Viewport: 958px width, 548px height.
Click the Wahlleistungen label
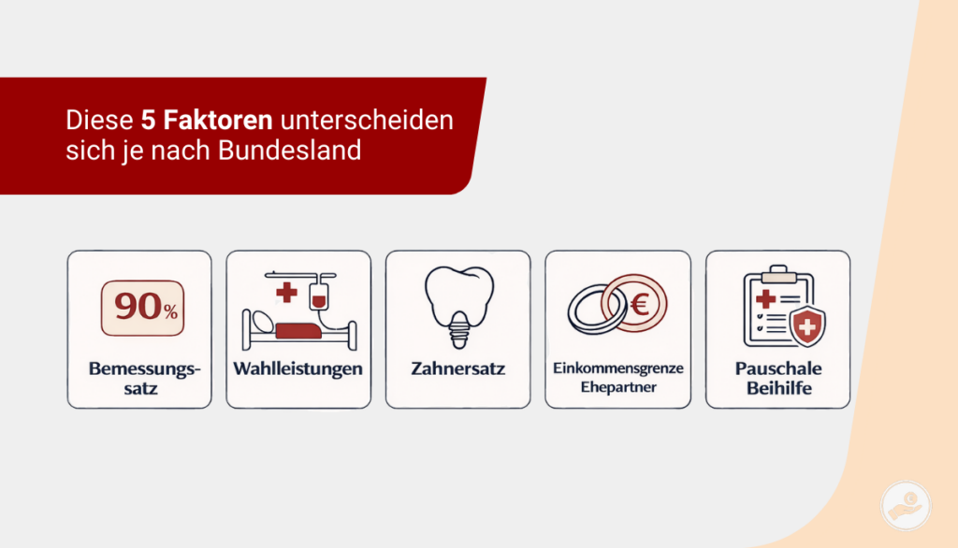(x=298, y=368)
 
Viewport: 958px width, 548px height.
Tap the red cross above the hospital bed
(x=287, y=293)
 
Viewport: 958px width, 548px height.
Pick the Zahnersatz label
(x=458, y=368)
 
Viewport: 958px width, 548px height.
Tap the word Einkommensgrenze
(x=617, y=368)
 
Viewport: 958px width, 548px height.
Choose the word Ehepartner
(x=617, y=387)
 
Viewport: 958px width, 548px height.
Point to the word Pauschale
(x=778, y=368)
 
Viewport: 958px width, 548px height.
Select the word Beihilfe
(x=778, y=387)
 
